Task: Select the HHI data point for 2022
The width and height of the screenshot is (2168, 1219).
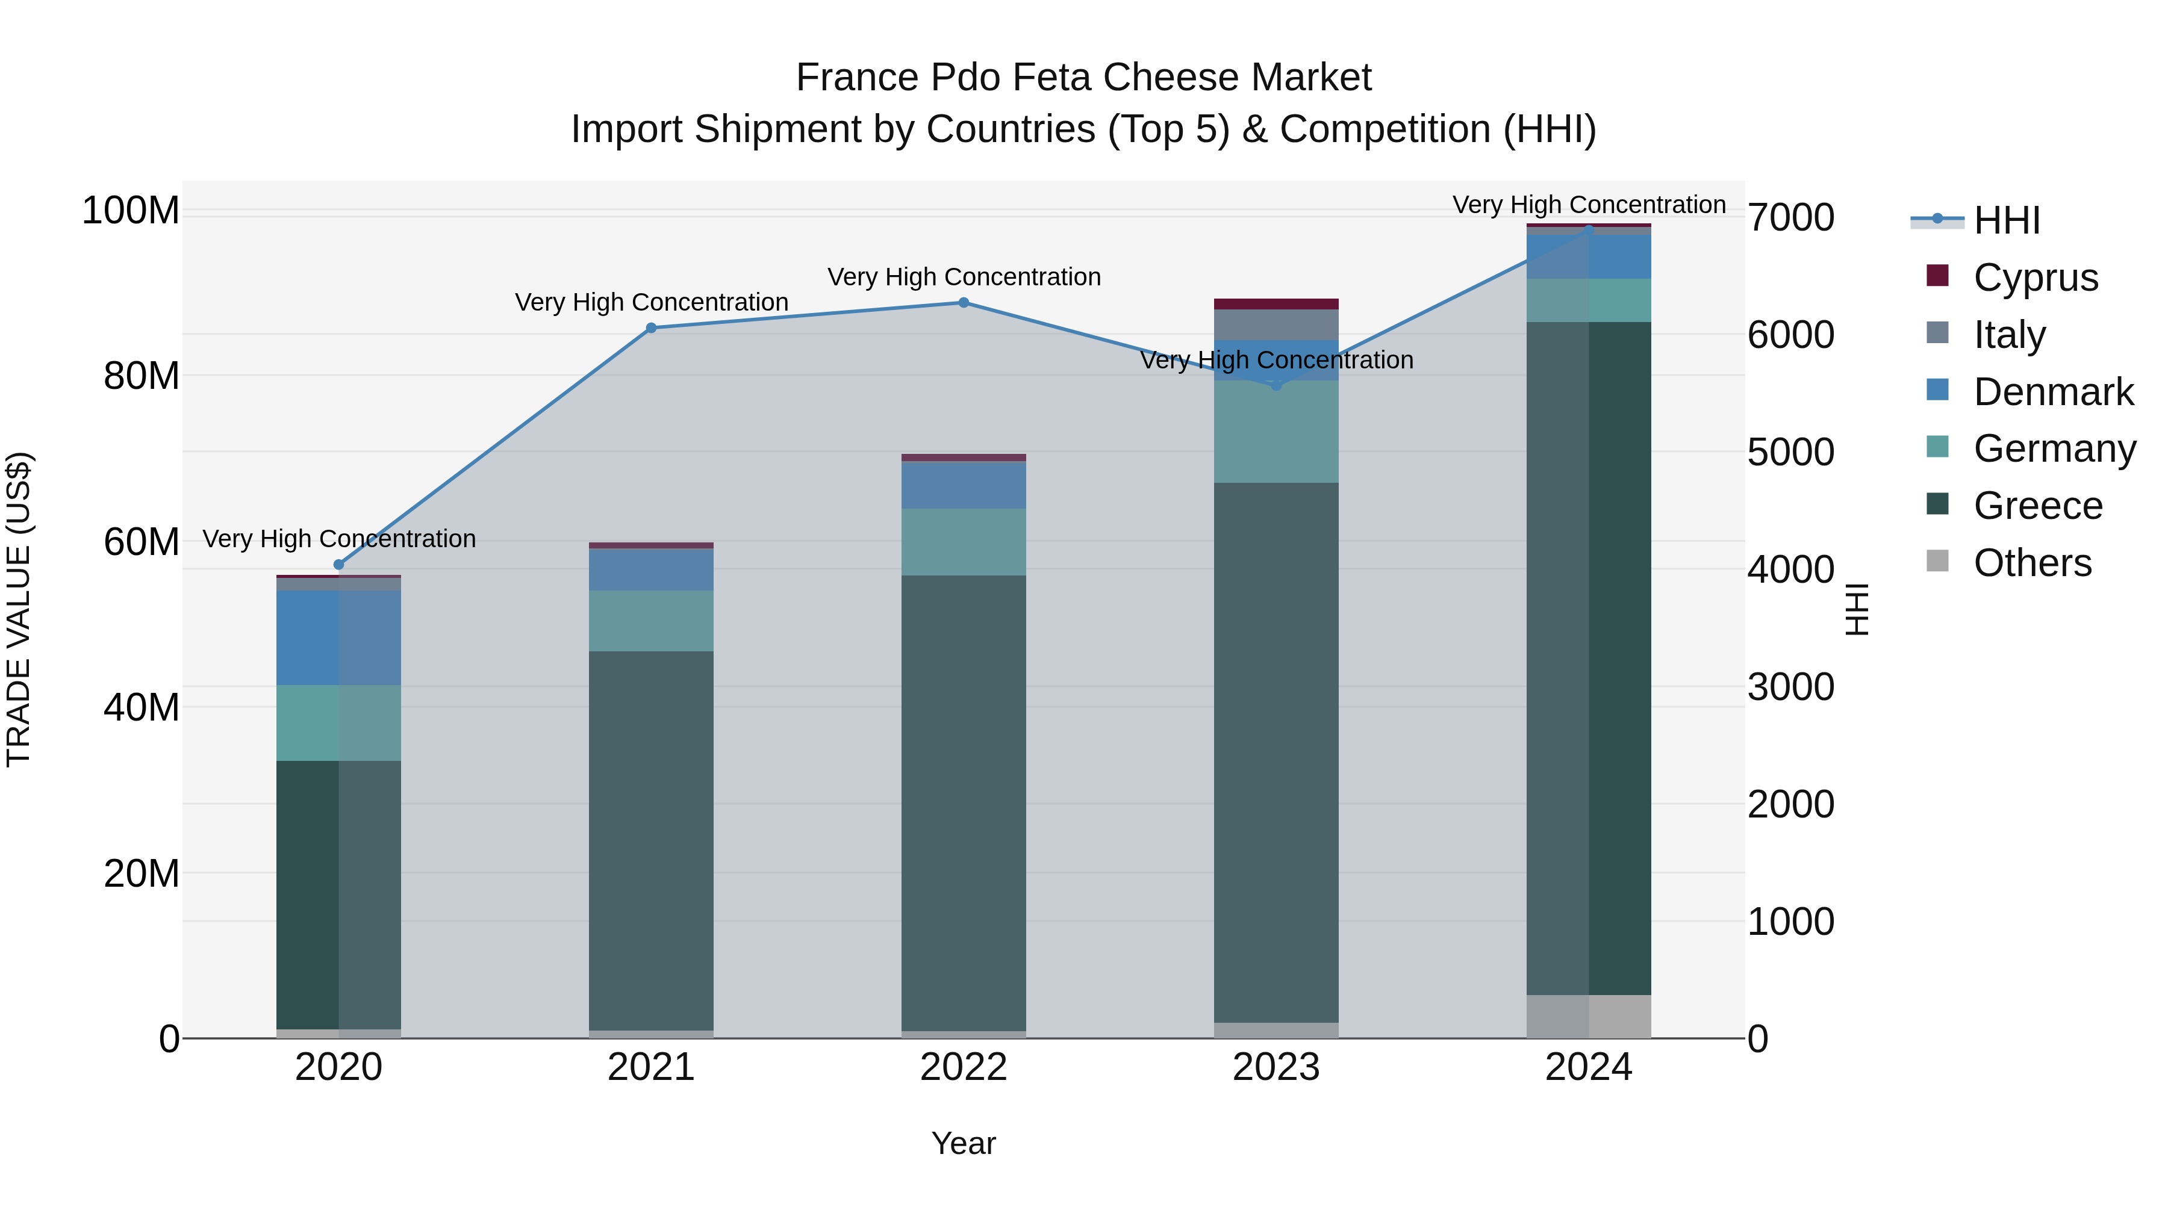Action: tap(964, 303)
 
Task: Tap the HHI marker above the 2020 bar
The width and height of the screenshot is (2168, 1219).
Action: tap(339, 565)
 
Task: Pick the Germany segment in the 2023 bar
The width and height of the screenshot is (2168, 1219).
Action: tap(1276, 432)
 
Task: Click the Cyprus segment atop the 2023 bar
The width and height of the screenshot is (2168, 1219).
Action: tap(1276, 304)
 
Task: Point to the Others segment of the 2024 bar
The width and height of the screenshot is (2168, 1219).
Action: tap(1589, 1016)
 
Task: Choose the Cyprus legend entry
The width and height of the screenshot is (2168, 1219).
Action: tap(2035, 278)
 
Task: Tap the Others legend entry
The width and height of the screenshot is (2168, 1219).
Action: tap(2032, 563)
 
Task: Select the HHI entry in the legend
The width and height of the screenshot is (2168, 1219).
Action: tap(2007, 220)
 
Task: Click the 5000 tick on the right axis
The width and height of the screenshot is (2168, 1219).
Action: tap(1790, 453)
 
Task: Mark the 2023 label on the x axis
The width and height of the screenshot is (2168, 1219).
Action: tap(1276, 1067)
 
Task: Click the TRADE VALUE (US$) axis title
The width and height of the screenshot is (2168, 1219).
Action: tap(19, 609)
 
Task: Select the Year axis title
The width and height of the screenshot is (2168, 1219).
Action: tap(964, 1143)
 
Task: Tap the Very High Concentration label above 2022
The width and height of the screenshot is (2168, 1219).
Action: tap(964, 277)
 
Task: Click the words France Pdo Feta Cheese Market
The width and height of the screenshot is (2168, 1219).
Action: tap(1083, 78)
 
